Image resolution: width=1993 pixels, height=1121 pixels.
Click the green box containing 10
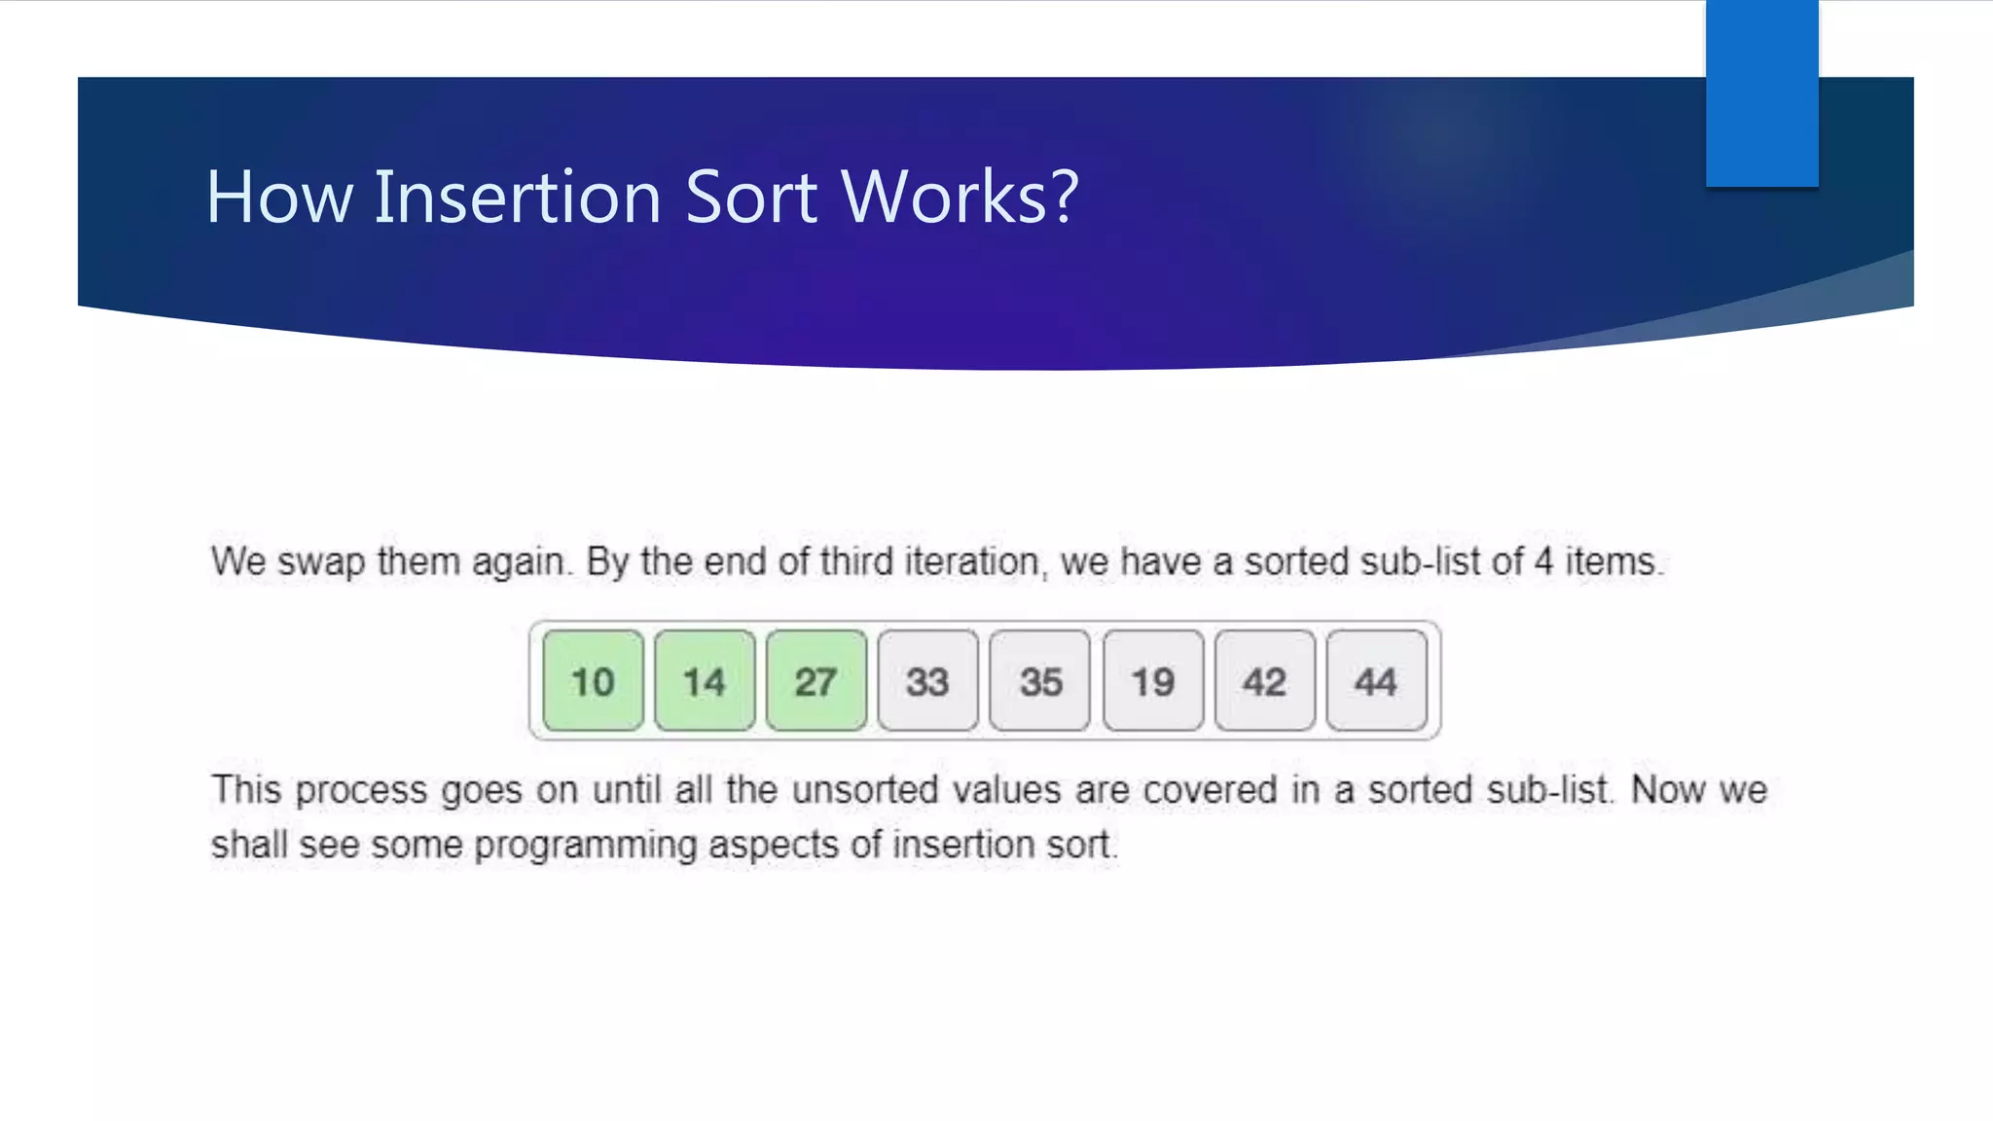point(593,681)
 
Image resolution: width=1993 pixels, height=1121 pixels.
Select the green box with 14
point(705,681)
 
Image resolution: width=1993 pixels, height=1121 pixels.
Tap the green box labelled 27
point(815,681)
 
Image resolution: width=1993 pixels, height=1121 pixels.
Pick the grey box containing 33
point(927,681)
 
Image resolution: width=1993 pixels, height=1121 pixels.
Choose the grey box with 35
point(1039,681)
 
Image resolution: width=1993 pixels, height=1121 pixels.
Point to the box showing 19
point(1153,681)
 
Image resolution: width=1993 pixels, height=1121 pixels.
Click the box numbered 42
point(1264,681)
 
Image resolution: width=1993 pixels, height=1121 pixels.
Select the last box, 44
point(1376,681)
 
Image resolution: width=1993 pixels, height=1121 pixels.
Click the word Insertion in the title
point(518,197)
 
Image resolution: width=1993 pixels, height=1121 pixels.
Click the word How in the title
point(279,197)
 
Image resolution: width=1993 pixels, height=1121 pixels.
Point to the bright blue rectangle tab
point(1761,92)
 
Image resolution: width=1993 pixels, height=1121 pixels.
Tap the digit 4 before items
point(1543,561)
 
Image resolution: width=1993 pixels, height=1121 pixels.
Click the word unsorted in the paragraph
point(865,790)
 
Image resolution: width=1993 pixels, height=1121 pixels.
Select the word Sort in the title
point(751,197)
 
